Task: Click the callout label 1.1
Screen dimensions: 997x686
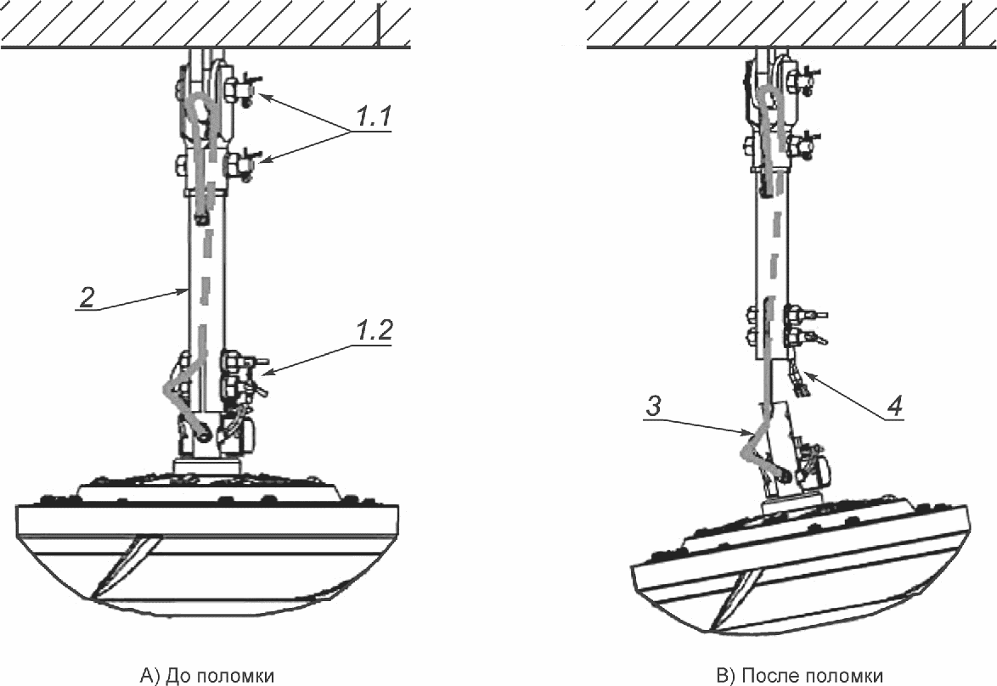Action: coord(374,116)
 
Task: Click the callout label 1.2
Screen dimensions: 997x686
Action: coord(374,330)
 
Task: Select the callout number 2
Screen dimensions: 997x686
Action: coord(87,297)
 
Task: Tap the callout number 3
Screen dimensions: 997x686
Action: coord(654,406)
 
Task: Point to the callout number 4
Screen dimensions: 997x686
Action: coord(894,406)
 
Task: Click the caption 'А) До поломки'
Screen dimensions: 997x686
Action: coord(207,675)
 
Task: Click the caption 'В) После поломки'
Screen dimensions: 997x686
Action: coord(799,675)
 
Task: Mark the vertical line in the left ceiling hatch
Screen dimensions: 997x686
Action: coord(379,25)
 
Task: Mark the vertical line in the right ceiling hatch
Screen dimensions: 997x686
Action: coord(964,25)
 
